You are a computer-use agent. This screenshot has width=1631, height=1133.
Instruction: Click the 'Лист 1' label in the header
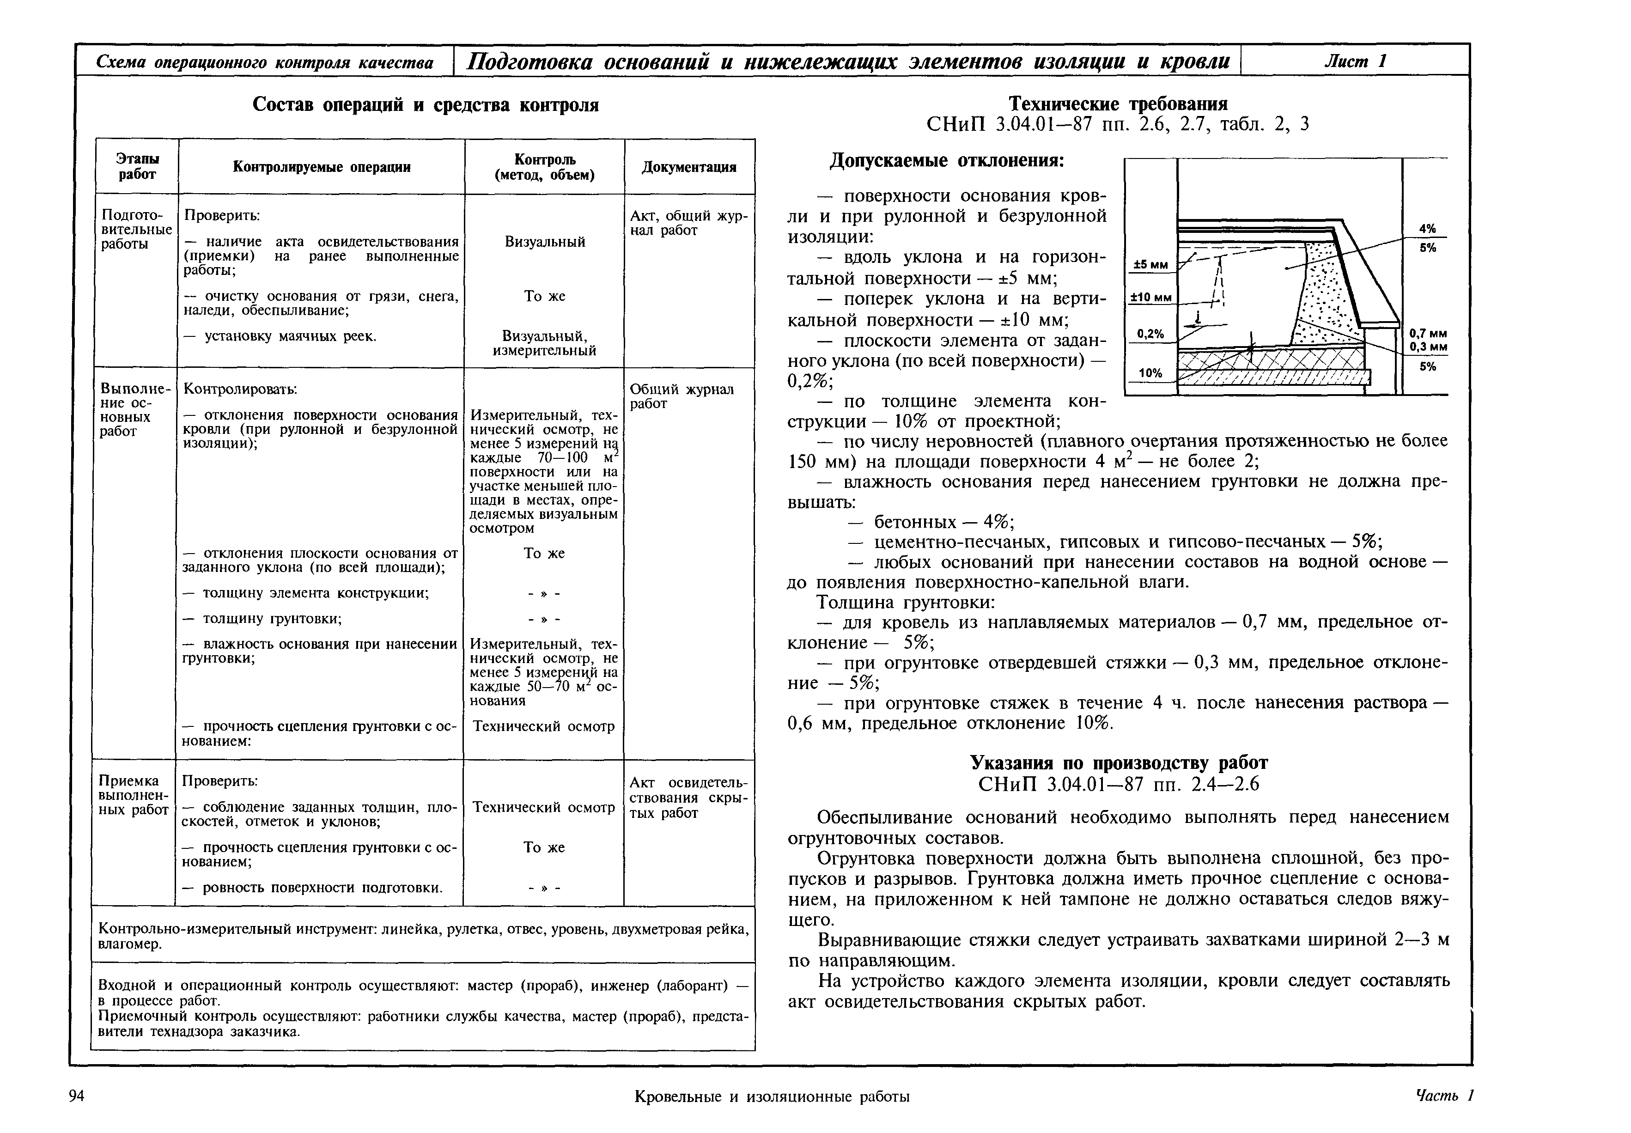pyautogui.click(x=1354, y=61)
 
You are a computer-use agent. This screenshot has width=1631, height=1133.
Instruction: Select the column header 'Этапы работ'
pyautogui.click(x=137, y=167)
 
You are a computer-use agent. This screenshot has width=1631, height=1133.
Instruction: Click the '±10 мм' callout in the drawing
pyautogui.click(x=1150, y=298)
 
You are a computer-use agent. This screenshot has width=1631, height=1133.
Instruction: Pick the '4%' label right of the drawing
pyautogui.click(x=1427, y=229)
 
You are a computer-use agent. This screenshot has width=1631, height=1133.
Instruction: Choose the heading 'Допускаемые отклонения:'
pyautogui.click(x=948, y=161)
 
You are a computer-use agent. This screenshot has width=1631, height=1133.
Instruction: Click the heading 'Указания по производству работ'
pyautogui.click(x=1119, y=762)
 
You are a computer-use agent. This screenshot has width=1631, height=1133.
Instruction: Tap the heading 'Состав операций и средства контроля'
pyautogui.click(x=426, y=105)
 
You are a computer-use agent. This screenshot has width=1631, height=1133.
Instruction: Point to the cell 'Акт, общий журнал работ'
pyautogui.click(x=688, y=223)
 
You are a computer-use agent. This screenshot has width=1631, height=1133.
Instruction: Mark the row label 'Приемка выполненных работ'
pyautogui.click(x=134, y=795)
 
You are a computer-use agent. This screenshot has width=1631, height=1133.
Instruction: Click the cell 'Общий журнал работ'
pyautogui.click(x=682, y=396)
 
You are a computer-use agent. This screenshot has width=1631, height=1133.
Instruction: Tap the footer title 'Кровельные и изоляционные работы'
pyautogui.click(x=772, y=1097)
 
